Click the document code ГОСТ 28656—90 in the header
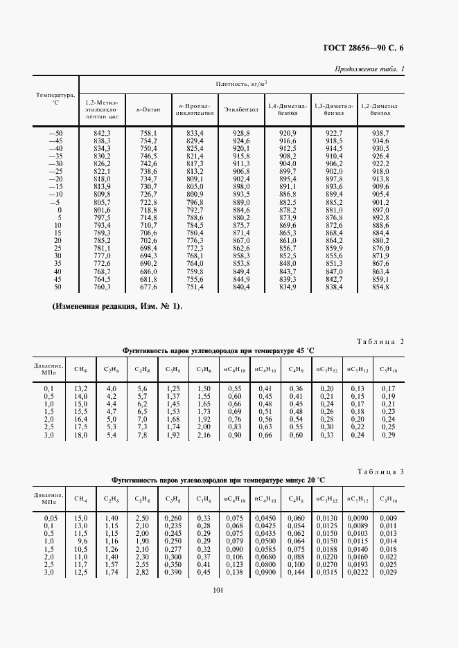coord(356,48)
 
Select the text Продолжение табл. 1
coord(369,69)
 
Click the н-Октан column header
coord(147,109)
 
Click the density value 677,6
coord(148,287)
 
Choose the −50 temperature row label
coord(55,132)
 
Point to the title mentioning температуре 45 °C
coord(224,350)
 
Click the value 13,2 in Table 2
coord(80,389)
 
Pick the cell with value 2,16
coord(203,435)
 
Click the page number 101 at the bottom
coord(228,589)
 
